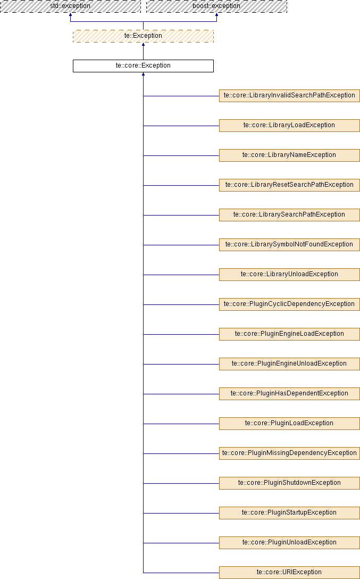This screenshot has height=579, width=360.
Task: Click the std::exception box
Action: [70, 6]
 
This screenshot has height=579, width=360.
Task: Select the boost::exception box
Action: [216, 6]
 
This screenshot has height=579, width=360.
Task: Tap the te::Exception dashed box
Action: [143, 36]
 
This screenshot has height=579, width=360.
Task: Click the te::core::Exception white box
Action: [143, 66]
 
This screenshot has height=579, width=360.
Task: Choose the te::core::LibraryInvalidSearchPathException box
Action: [289, 96]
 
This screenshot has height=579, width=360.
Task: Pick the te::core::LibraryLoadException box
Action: [289, 126]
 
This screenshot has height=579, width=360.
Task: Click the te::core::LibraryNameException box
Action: [289, 155]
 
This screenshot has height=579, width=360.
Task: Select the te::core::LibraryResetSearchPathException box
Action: [289, 185]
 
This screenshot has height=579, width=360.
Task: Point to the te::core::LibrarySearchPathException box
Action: [289, 215]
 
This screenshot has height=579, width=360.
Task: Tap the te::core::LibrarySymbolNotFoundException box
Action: [289, 245]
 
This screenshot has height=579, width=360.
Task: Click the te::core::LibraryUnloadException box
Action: [289, 275]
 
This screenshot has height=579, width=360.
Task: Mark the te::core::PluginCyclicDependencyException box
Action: [289, 304]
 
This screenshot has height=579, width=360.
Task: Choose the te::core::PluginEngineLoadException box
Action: [289, 334]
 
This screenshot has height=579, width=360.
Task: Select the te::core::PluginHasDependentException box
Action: [289, 394]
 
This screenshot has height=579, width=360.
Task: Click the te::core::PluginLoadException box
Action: [289, 424]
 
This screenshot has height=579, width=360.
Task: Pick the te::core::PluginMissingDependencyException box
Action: [289, 453]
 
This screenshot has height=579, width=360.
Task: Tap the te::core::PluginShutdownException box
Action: [289, 483]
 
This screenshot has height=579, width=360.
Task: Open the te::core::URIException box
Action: [289, 573]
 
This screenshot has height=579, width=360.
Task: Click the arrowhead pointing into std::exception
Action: [70, 15]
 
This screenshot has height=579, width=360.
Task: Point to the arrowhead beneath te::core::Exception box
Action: [143, 74]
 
